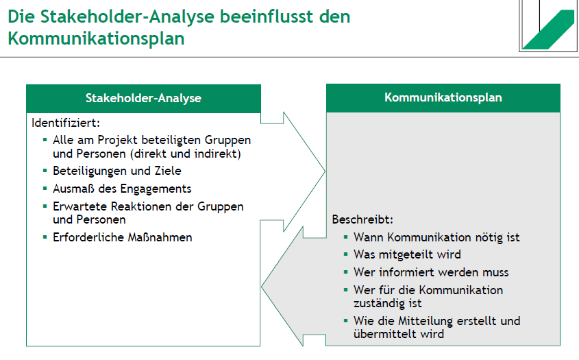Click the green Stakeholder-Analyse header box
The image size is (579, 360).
tap(143, 98)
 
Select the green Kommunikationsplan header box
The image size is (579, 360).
tap(443, 97)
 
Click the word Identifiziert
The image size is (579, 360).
tap(66, 123)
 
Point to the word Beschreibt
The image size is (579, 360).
tap(362, 220)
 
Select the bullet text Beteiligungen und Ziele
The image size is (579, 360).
tap(116, 171)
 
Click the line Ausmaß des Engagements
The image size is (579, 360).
tap(121, 188)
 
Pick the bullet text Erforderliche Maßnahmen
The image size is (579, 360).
tap(122, 237)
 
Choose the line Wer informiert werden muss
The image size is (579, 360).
tap(430, 272)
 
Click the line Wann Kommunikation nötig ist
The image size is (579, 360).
tap(436, 237)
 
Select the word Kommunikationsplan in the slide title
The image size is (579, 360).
tap(96, 38)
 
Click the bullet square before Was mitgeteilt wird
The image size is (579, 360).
tap(345, 254)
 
